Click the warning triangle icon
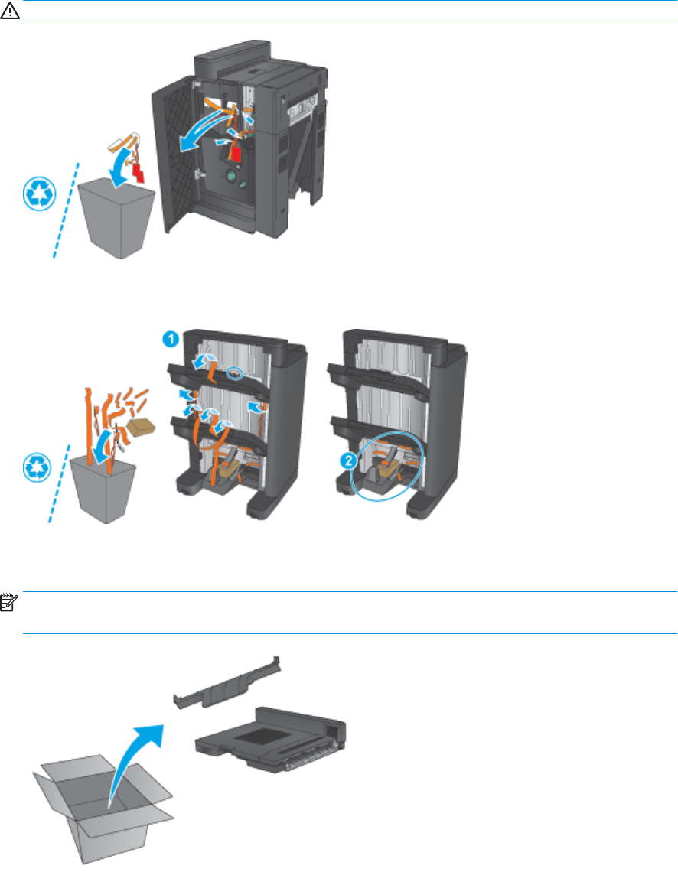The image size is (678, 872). pos(9,11)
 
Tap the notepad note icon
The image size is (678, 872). pos(9,602)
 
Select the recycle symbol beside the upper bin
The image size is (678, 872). pos(40,194)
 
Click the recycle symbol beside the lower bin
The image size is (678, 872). pos(37,467)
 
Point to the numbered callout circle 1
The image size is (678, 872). pos(171,339)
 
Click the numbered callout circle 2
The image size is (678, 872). pos(348,460)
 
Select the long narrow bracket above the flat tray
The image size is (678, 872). pos(227,684)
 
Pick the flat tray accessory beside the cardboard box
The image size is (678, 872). pos(271,740)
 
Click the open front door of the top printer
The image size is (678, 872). pos(177,157)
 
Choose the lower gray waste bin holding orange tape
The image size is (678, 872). pos(103,488)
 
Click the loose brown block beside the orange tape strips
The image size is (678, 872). pos(142,427)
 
